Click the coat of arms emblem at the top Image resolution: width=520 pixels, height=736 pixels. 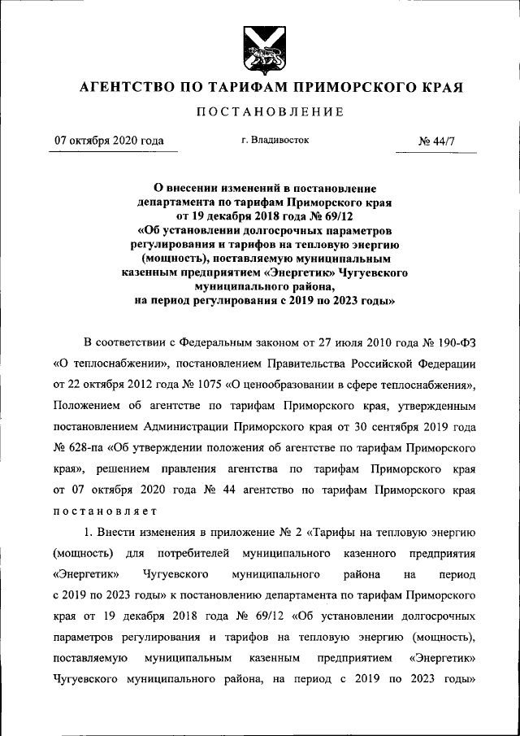coord(259,50)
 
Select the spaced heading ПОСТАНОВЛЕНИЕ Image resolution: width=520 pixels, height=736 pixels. coord(259,111)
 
